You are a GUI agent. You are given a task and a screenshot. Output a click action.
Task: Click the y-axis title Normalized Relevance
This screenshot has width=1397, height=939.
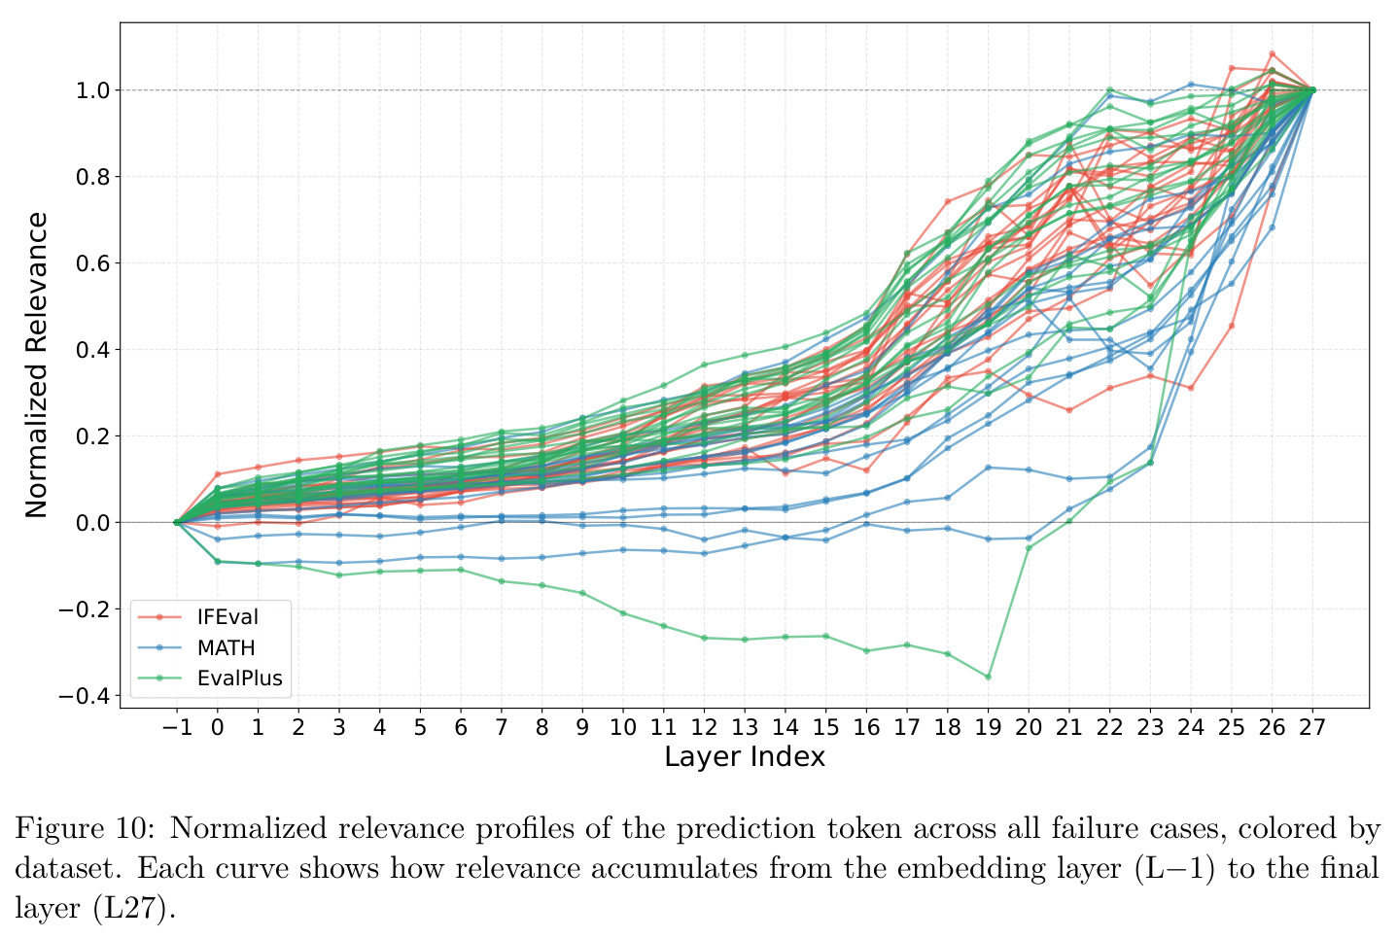tap(36, 365)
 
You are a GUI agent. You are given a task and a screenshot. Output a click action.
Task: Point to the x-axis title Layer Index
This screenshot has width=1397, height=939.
tap(745, 756)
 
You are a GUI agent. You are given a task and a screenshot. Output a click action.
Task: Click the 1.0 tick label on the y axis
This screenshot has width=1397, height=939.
tap(92, 91)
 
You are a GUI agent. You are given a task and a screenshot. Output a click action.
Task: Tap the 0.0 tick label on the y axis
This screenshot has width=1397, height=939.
tap(92, 523)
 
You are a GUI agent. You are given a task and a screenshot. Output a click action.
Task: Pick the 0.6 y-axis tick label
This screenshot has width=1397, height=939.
tap(92, 263)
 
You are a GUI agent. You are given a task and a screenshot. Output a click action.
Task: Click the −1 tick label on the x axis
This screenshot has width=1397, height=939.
tap(177, 726)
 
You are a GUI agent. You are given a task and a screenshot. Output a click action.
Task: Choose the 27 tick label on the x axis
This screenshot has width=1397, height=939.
tap(1312, 726)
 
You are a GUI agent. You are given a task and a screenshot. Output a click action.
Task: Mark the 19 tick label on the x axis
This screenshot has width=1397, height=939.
tap(988, 726)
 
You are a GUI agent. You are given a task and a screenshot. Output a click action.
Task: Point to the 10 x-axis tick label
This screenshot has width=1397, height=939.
tap(622, 726)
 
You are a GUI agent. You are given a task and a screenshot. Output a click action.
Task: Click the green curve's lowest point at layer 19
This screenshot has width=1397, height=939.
tap(988, 677)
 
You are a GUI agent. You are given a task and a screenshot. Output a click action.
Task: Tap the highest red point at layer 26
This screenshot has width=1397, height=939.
tap(1273, 53)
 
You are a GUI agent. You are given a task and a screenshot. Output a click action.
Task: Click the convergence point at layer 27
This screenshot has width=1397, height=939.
tap(1312, 89)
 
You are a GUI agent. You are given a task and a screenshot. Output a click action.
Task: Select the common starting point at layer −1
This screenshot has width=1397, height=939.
tap(177, 523)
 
